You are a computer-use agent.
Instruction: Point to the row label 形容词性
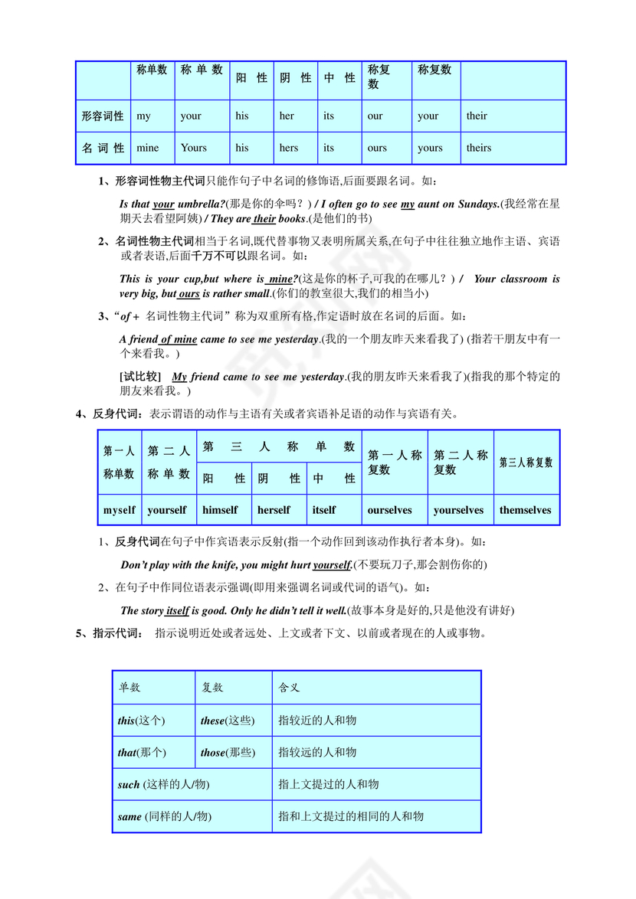click(x=103, y=116)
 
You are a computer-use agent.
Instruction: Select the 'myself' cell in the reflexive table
click(x=120, y=510)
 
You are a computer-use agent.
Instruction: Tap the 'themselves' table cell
click(x=526, y=510)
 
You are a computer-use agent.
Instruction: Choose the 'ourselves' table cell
click(x=389, y=510)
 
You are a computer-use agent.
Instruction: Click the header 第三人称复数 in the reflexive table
click(x=526, y=463)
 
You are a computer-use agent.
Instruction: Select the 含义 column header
click(x=289, y=688)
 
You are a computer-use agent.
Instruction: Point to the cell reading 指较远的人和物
click(x=317, y=753)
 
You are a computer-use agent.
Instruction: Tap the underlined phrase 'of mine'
click(x=179, y=339)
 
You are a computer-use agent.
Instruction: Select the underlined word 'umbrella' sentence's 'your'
click(x=163, y=204)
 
